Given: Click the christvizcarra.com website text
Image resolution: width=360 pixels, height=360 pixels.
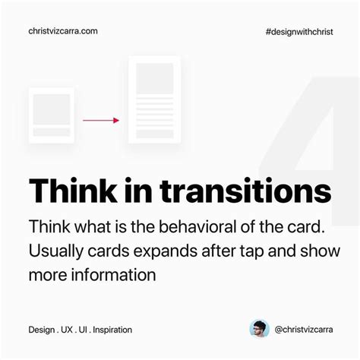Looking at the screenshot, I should (x=63, y=31).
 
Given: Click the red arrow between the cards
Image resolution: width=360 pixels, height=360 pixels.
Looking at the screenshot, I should (x=101, y=120).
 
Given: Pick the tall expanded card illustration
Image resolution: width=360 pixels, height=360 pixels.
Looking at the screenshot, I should (x=155, y=99).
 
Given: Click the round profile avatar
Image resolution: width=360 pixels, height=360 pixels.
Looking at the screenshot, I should (x=260, y=329).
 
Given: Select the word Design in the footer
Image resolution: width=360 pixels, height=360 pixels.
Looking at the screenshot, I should (x=41, y=330).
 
